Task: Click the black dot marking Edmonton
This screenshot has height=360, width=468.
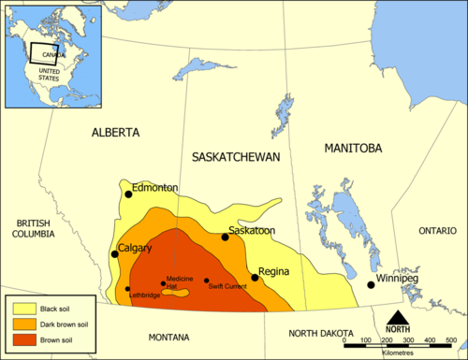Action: [x=129, y=194]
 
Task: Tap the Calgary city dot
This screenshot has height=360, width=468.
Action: [x=115, y=253]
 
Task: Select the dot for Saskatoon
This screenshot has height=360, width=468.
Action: [x=225, y=238]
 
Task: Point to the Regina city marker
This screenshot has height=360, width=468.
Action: [x=255, y=278]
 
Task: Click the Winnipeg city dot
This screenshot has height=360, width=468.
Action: [x=372, y=284]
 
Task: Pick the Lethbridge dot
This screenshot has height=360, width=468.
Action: [x=128, y=289]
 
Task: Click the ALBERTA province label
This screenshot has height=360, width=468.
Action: [x=116, y=133]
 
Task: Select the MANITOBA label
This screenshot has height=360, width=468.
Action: [x=352, y=149]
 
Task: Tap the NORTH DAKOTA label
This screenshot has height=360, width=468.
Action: [x=320, y=334]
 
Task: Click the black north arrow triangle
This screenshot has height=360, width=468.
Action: [x=398, y=317]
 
